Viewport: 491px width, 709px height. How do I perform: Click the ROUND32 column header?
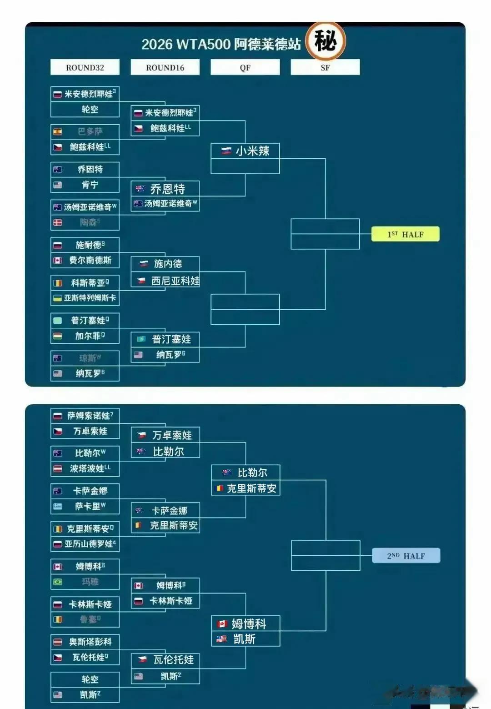(x=85, y=67)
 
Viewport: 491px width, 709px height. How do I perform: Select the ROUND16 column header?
(x=165, y=67)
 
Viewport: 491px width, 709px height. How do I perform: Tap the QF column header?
(x=245, y=67)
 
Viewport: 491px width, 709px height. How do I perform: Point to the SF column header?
(x=325, y=67)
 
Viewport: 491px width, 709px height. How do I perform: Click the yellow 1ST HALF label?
(x=405, y=234)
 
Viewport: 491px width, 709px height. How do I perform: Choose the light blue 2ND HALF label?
(x=406, y=556)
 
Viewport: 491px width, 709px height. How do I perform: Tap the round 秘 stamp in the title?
(x=326, y=41)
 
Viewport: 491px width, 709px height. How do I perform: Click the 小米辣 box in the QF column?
(x=245, y=151)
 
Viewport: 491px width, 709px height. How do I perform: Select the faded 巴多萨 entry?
(x=90, y=131)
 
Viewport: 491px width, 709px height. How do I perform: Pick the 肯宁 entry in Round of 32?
(x=90, y=185)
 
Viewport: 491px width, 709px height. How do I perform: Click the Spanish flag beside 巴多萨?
(x=58, y=132)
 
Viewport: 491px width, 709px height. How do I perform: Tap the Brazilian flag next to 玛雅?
(x=58, y=582)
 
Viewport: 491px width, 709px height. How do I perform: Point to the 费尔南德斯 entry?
(x=90, y=260)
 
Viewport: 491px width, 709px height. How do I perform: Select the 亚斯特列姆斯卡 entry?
(x=90, y=298)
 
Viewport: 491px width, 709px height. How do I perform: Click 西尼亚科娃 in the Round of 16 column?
(x=175, y=281)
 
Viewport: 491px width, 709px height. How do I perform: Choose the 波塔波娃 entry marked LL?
(x=90, y=468)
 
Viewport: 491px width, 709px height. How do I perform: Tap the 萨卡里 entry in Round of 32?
(x=90, y=506)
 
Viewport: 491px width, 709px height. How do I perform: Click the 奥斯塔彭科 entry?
(x=90, y=642)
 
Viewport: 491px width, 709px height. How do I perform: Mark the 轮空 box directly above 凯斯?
(x=90, y=679)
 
